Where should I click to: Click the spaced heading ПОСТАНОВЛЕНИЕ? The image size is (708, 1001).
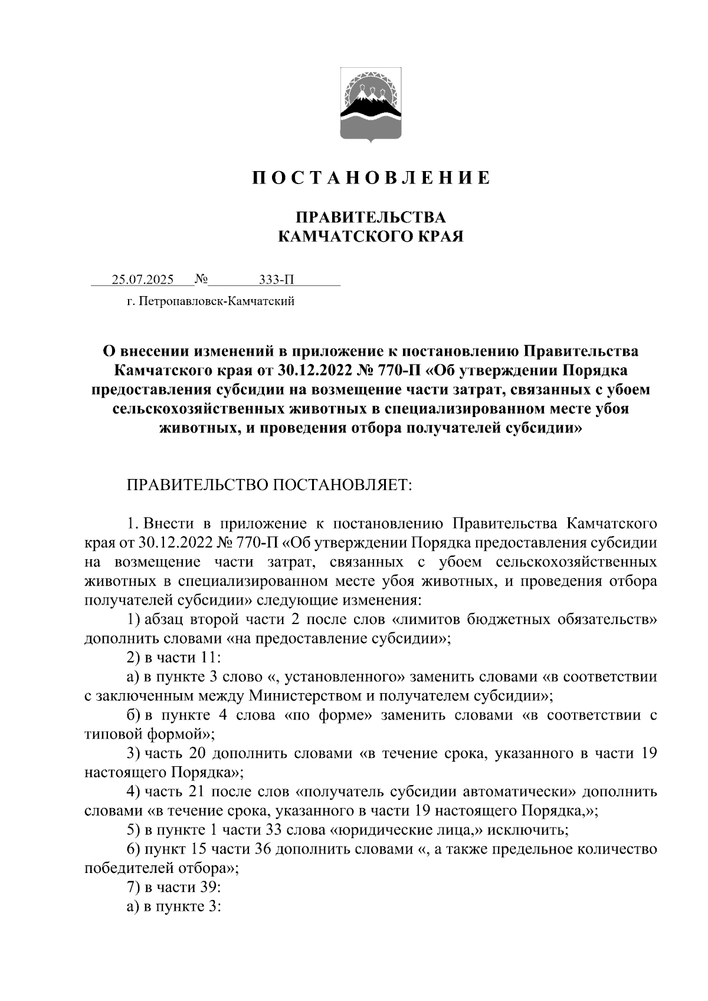371,178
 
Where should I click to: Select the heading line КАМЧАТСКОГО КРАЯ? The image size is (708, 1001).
371,237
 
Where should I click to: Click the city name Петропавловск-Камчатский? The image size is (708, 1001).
215,303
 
